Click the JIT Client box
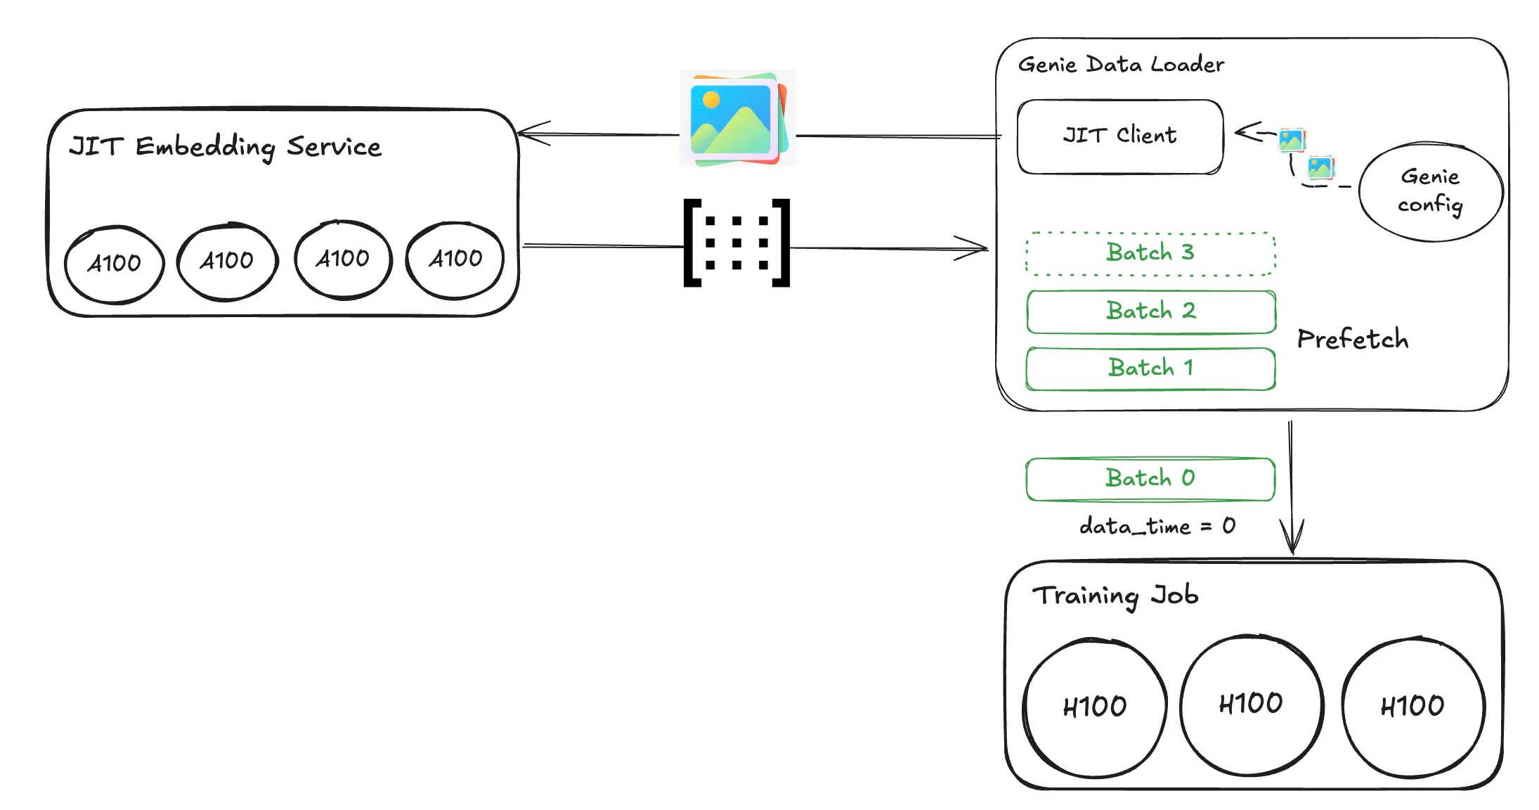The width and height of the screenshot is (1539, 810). click(x=1120, y=136)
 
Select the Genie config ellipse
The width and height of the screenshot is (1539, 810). click(x=1430, y=191)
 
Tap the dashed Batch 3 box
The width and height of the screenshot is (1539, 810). click(x=1150, y=253)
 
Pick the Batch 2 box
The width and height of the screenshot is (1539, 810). click(x=1150, y=311)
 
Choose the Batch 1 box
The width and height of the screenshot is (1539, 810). click(x=1150, y=368)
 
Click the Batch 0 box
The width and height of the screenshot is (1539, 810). click(x=1150, y=479)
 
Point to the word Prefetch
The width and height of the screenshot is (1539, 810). click(x=1352, y=340)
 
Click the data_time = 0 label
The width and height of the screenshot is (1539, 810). click(x=1157, y=526)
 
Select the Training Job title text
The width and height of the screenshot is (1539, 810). click(x=1115, y=596)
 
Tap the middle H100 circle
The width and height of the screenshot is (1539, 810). click(x=1251, y=705)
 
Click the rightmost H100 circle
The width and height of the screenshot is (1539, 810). click(x=1413, y=706)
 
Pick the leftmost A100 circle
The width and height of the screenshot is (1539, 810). click(x=114, y=264)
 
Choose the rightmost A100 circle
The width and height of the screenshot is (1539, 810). click(x=455, y=259)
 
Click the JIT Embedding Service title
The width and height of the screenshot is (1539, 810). click(x=225, y=147)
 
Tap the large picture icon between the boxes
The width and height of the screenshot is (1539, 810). click(x=736, y=118)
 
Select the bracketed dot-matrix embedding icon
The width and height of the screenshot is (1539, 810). click(x=736, y=243)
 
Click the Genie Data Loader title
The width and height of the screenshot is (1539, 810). click(x=1121, y=65)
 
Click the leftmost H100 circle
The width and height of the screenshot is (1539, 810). click(x=1094, y=707)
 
